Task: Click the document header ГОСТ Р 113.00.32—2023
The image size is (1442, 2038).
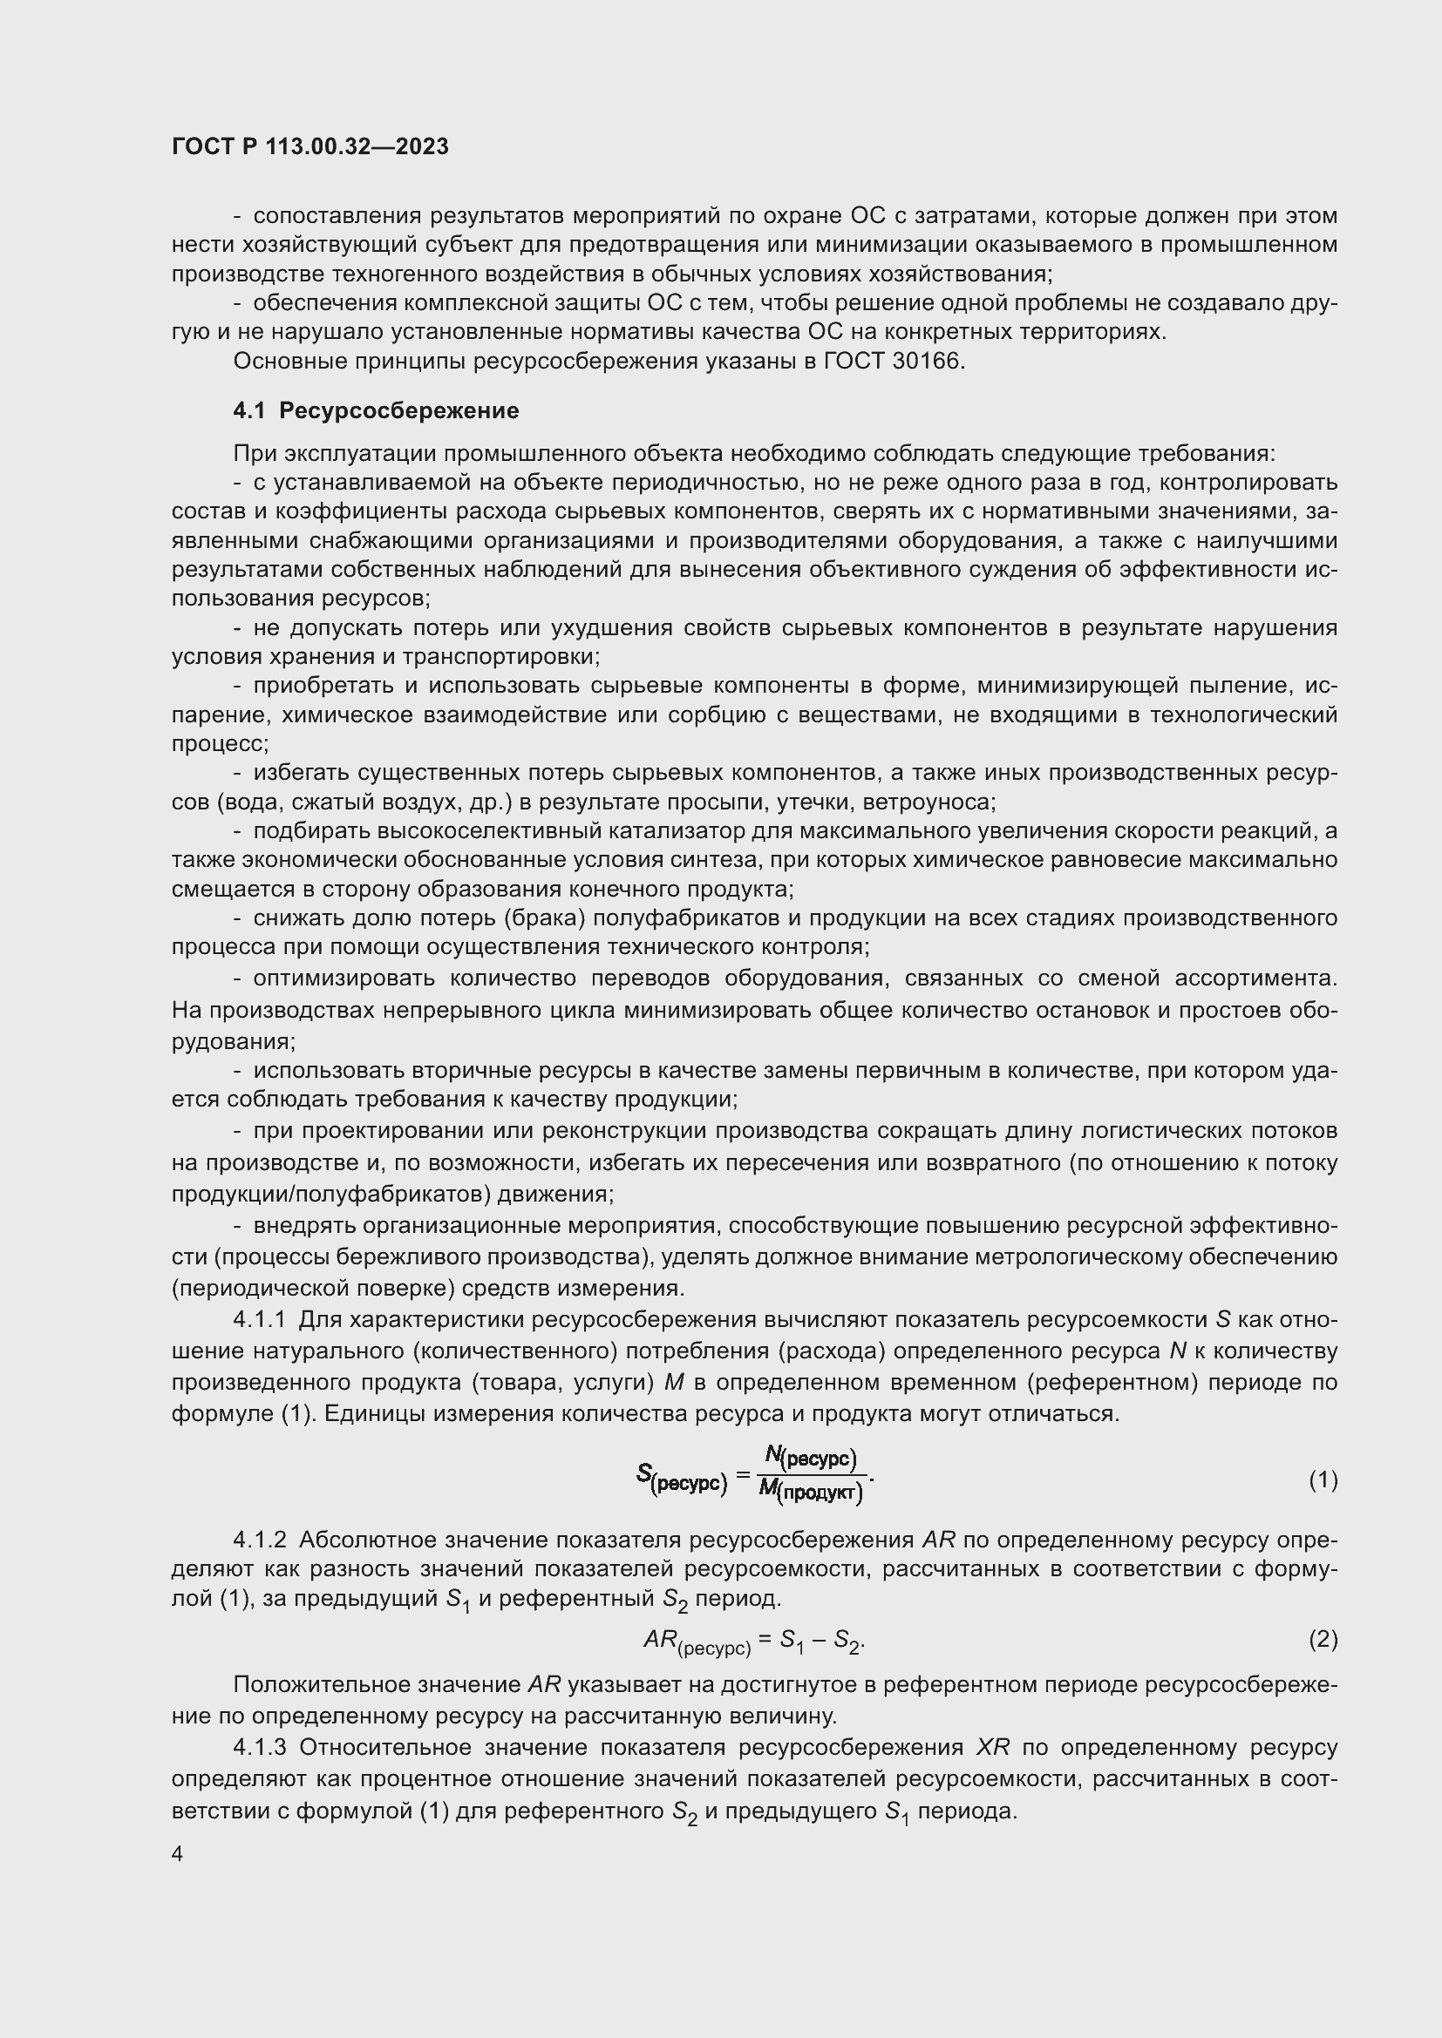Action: (309, 146)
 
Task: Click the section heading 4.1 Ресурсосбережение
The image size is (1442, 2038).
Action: (376, 410)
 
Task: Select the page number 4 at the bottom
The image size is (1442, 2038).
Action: (178, 1853)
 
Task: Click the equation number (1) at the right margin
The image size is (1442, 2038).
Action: (1323, 1479)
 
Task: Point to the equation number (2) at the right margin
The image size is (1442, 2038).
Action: (1323, 1640)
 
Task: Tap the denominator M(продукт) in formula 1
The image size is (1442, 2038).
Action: (811, 1492)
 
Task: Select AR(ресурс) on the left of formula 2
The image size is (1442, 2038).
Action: (697, 1642)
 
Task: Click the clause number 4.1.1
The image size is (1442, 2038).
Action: (259, 1320)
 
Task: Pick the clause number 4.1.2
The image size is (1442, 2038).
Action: (259, 1540)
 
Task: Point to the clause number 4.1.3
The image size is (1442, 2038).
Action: (259, 1748)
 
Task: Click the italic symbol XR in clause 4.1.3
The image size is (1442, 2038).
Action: (993, 1748)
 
